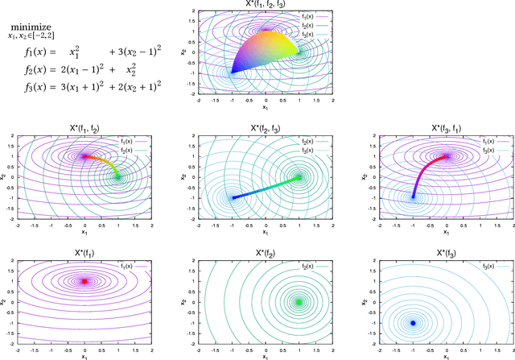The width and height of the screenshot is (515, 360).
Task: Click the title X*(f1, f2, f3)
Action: click(x=266, y=6)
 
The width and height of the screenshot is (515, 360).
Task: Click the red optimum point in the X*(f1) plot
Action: click(x=84, y=281)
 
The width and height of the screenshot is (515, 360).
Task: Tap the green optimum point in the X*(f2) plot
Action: click(x=299, y=302)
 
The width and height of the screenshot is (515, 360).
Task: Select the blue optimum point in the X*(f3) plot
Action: click(x=414, y=322)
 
